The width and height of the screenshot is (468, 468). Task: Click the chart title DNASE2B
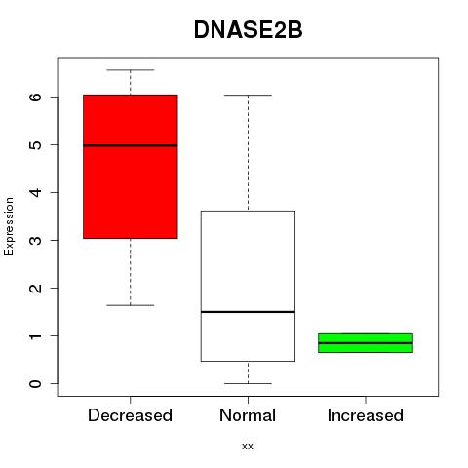tap(248, 30)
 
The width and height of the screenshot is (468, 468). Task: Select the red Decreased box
tap(131, 167)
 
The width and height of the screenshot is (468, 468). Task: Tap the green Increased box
tap(366, 343)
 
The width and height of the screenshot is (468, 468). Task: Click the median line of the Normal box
tap(248, 312)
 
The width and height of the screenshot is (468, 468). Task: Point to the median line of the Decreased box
tap(131, 145)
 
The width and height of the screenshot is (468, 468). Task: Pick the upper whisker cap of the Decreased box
tap(131, 70)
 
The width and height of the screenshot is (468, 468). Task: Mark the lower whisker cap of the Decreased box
tap(131, 305)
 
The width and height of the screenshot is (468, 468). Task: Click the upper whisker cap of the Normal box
tap(248, 96)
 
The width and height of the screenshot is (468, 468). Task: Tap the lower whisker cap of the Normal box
tap(248, 383)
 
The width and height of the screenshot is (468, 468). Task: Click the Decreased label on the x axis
tap(130, 415)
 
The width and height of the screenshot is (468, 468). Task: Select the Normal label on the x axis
tap(248, 415)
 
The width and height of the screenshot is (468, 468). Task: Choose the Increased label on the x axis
tap(366, 415)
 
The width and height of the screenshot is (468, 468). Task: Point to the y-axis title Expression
tap(9, 226)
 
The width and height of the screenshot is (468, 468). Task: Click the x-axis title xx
tap(248, 447)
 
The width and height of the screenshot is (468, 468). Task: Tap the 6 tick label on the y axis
tap(36, 97)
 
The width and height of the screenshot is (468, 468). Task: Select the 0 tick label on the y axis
tap(36, 384)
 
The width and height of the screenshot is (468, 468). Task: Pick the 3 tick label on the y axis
tap(36, 240)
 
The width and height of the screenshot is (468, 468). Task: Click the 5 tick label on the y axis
tap(36, 144)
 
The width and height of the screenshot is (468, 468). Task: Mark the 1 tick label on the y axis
tap(36, 335)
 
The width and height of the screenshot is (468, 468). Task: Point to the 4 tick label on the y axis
tap(36, 192)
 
